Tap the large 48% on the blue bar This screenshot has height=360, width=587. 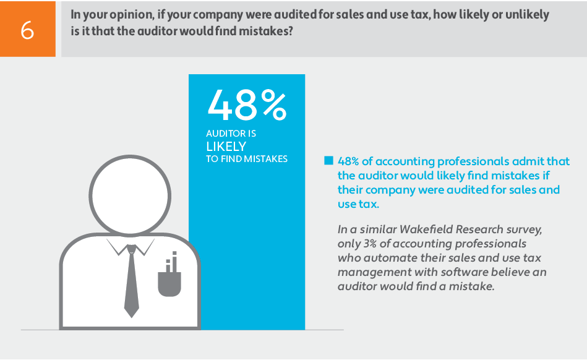pos(247,105)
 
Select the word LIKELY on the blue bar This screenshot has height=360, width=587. pos(226,147)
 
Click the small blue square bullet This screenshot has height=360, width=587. pos(328,161)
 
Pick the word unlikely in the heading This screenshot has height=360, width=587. pos(526,14)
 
